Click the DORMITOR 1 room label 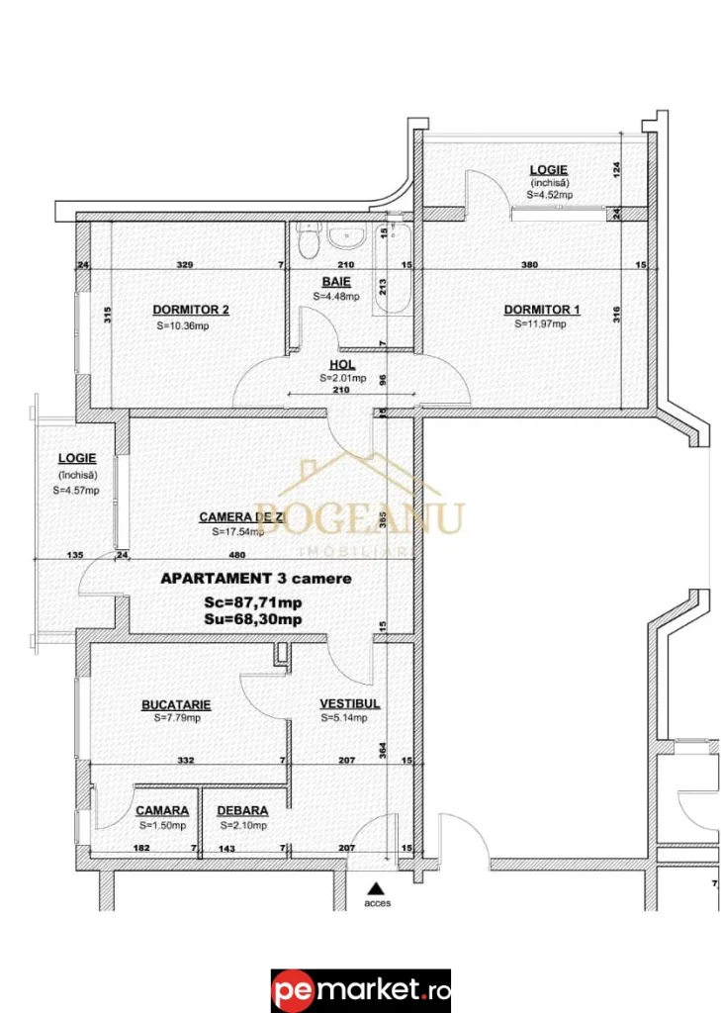[x=541, y=310]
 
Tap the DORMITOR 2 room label [x=191, y=310]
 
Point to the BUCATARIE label [x=176, y=704]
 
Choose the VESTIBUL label [x=349, y=704]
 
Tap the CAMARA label [x=162, y=810]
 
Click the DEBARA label [x=242, y=810]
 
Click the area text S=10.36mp [x=181, y=325]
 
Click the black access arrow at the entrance [x=375, y=888]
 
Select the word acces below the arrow [x=376, y=902]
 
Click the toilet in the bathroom [x=308, y=238]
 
